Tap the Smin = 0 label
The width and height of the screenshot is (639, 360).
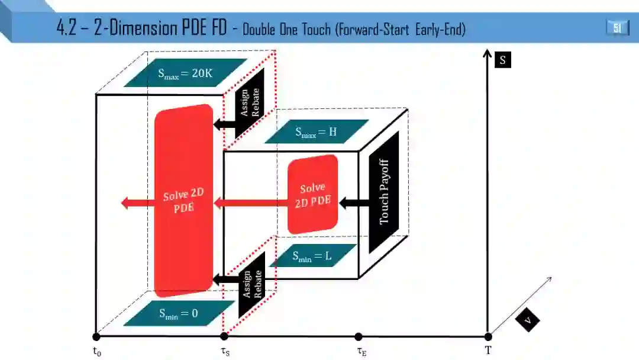pos(178,314)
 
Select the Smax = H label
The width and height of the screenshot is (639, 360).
pos(317,131)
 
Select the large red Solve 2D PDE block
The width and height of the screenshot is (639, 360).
pos(183,200)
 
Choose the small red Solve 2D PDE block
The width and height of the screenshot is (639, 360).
pos(312,194)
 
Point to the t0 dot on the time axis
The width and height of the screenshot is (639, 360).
pos(96,336)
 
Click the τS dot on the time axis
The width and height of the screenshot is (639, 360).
pos(224,336)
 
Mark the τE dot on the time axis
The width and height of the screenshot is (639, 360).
pos(359,336)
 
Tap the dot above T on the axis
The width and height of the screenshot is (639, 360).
pos(488,336)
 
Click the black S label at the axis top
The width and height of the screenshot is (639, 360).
pos(502,60)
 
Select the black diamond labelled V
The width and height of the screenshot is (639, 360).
pos(527,320)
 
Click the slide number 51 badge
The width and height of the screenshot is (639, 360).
pos(617,27)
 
